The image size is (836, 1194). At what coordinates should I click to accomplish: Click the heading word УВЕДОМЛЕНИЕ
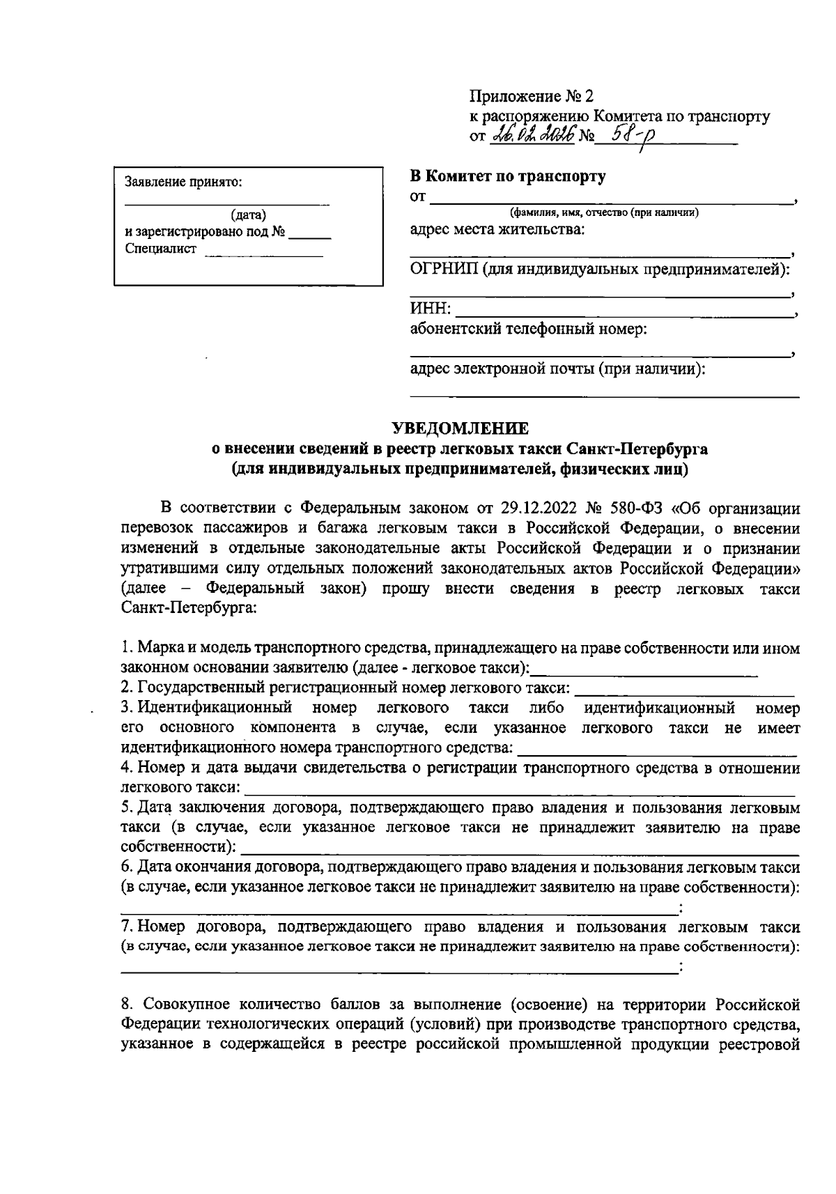coord(460,427)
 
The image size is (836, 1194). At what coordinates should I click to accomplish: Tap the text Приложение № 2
coord(532,96)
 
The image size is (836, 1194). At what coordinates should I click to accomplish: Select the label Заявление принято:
coord(184,183)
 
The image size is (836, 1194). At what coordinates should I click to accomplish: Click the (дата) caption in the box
coord(249,216)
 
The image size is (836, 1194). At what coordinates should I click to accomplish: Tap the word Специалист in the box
coord(161,249)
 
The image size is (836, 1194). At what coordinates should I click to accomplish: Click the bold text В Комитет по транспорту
coord(507,176)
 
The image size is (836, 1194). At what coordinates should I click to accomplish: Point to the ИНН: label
coord(430,309)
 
